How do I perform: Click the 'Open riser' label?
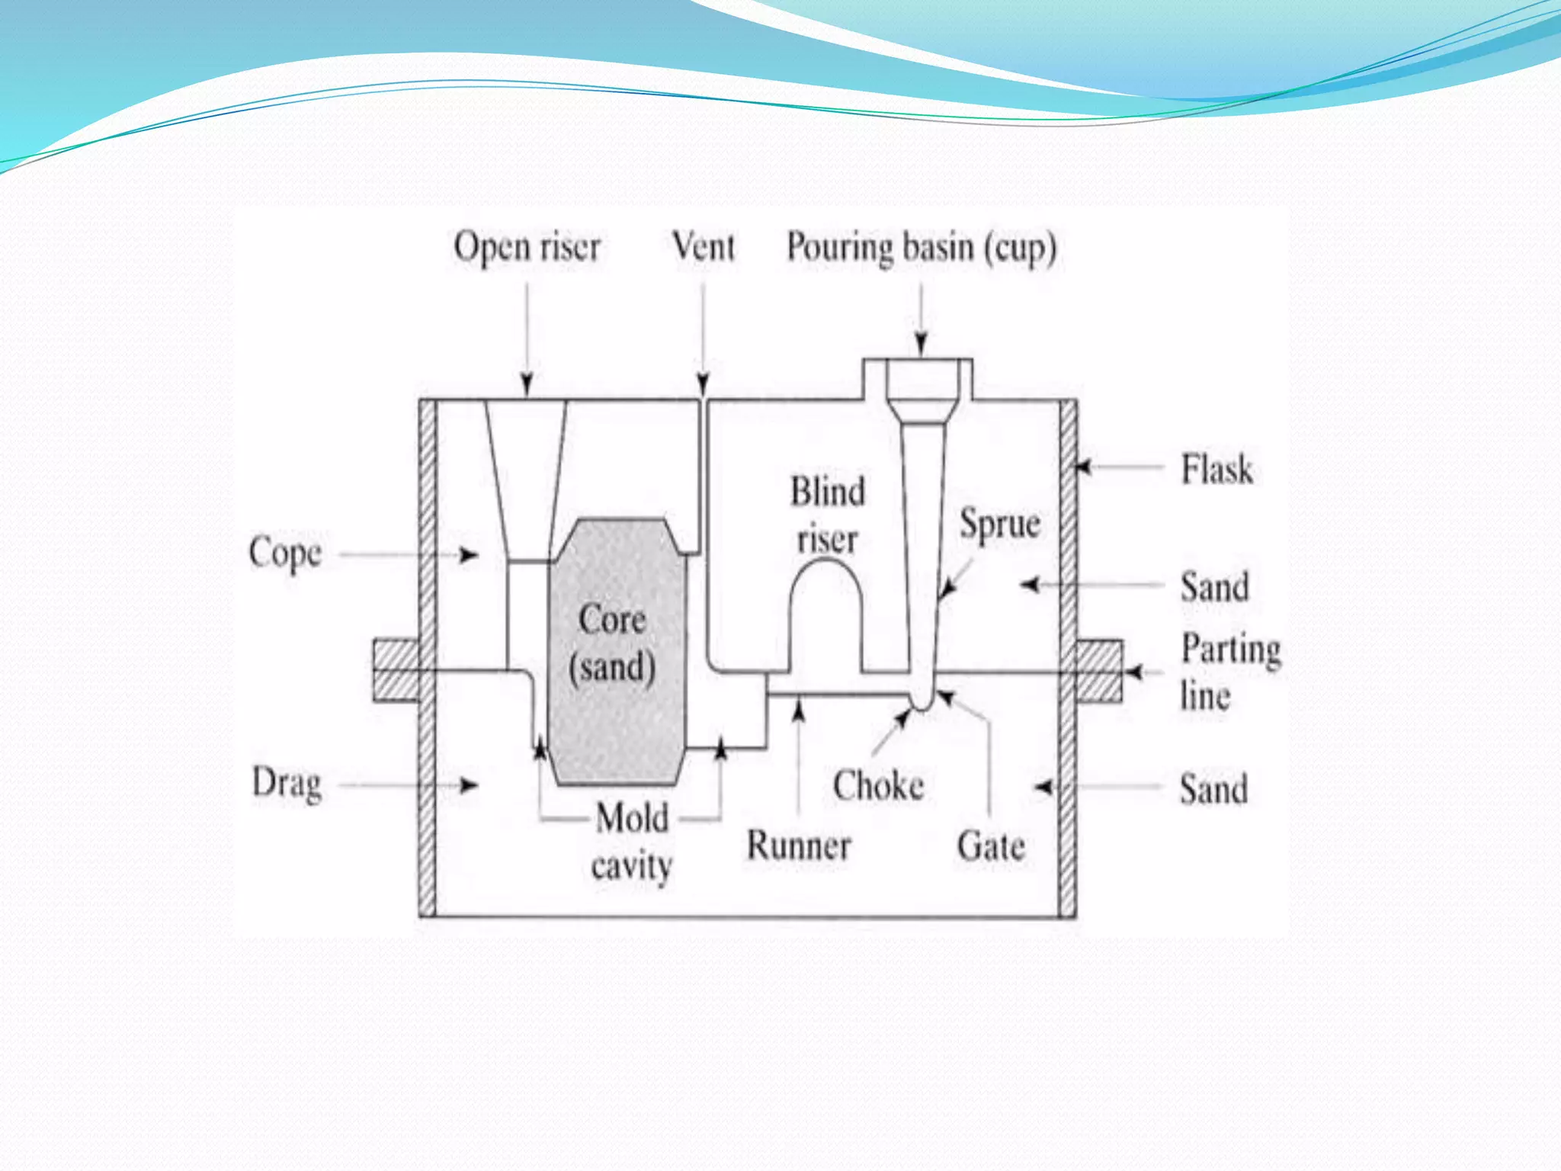pos(527,247)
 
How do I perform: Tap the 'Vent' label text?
pos(704,247)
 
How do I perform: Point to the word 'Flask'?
pos(1216,469)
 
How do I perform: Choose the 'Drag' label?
pos(287,784)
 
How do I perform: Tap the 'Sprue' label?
pos(1000,525)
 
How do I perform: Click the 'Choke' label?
pos(878,786)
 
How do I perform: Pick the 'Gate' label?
pos(991,846)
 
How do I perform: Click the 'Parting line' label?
pos(1229,672)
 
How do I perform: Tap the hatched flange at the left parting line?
pos(396,671)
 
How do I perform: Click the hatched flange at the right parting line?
pos(1099,671)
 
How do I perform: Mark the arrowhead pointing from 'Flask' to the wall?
pos(1083,467)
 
